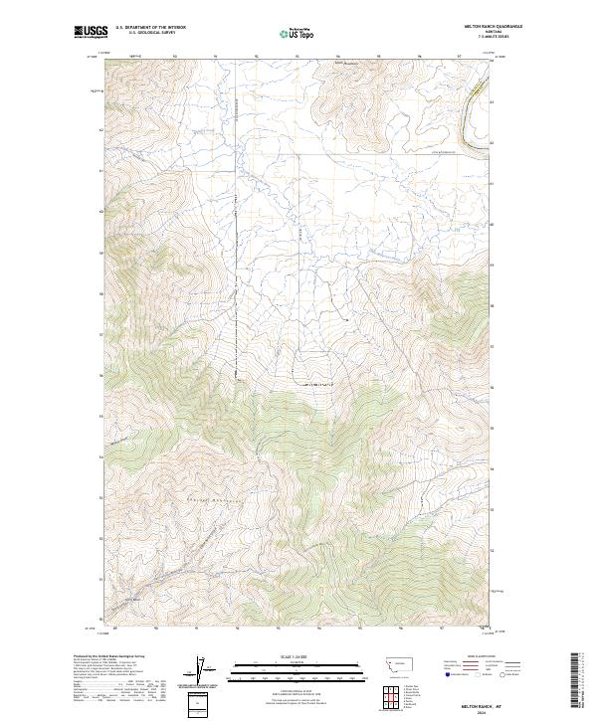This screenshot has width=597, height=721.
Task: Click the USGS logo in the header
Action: point(92,33)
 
